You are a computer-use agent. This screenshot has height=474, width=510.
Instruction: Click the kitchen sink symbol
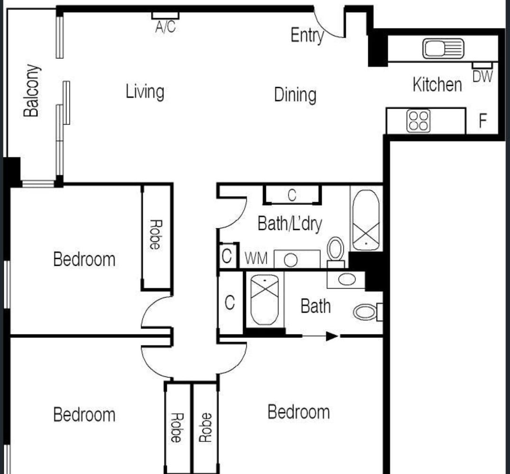coord(443,48)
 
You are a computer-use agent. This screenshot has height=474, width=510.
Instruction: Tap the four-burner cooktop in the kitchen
coord(418,121)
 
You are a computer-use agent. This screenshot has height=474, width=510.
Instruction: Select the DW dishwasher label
coord(483,76)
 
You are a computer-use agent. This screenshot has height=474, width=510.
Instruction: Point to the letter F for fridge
coord(483,121)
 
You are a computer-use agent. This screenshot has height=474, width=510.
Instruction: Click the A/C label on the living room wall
coord(165,27)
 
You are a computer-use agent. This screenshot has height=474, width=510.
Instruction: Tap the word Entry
coord(307,36)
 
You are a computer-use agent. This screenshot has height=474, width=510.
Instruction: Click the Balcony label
coord(32,91)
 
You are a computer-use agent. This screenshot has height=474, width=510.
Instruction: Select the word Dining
coord(295,95)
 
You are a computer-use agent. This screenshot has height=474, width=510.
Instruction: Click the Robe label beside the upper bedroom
coord(156,234)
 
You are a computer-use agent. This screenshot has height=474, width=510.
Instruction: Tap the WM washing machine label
coord(256,259)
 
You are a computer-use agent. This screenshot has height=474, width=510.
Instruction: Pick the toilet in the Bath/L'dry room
coord(336,252)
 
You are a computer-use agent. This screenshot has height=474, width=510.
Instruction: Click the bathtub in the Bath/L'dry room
coord(366,220)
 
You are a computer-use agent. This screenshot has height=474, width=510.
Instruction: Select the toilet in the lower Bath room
coord(368,312)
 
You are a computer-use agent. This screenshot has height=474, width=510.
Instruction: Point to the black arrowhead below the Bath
coord(332,336)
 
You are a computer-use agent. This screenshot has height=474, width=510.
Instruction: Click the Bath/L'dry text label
coord(290,223)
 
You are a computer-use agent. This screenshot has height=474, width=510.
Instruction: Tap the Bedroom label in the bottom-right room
coord(299,412)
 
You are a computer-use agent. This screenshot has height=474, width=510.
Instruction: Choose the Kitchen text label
coord(437,84)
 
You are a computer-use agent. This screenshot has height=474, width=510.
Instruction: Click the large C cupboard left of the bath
coord(229,302)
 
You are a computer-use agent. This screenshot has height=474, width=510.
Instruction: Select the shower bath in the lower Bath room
coord(265,299)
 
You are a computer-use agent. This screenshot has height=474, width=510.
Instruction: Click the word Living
coord(145,92)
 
